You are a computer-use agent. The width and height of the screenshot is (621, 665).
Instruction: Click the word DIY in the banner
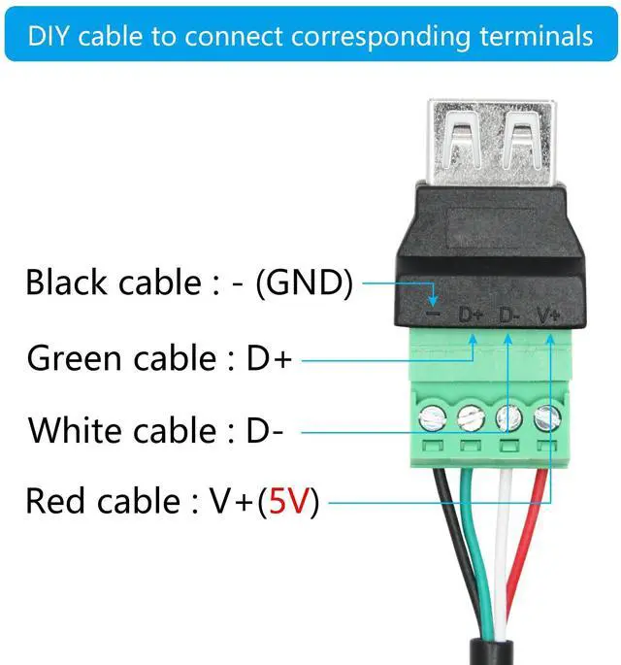[x=49, y=36]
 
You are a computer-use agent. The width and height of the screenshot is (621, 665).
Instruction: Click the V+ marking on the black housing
[x=549, y=315]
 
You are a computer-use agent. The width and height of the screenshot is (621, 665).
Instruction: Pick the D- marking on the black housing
[x=510, y=315]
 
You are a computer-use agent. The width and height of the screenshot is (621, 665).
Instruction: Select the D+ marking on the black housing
[x=473, y=315]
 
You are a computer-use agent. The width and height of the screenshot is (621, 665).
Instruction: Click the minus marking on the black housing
[x=434, y=315]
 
